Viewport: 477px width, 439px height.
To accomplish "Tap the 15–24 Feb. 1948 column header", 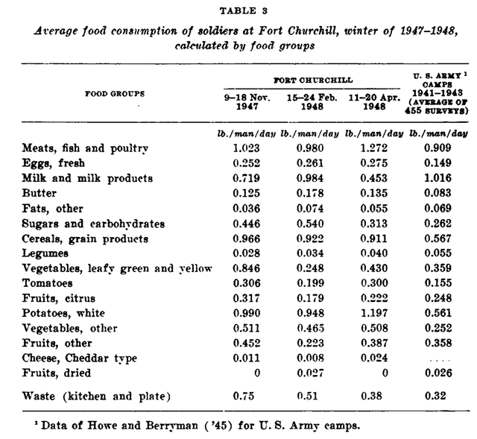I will tap(309, 101).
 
